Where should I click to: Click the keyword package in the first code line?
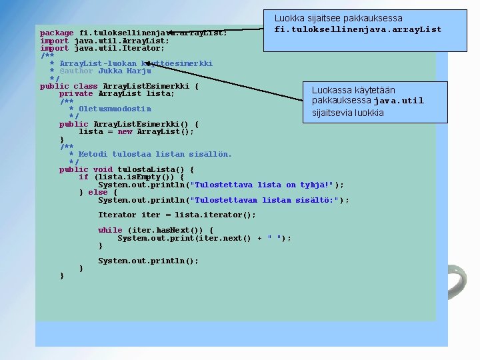click(x=57, y=33)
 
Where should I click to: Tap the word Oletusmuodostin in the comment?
click(x=115, y=109)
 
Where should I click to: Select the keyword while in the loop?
click(x=110, y=230)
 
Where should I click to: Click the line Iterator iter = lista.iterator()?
click(x=177, y=215)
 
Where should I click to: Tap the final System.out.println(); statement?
click(x=148, y=261)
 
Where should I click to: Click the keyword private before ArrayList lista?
click(x=76, y=94)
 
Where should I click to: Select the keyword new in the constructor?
click(x=125, y=131)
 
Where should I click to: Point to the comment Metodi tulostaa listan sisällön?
click(x=155, y=154)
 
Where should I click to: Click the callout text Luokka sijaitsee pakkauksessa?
click(x=338, y=19)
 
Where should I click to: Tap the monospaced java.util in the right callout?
click(x=399, y=101)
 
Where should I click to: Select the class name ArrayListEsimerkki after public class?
click(x=146, y=86)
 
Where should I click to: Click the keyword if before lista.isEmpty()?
click(x=83, y=177)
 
